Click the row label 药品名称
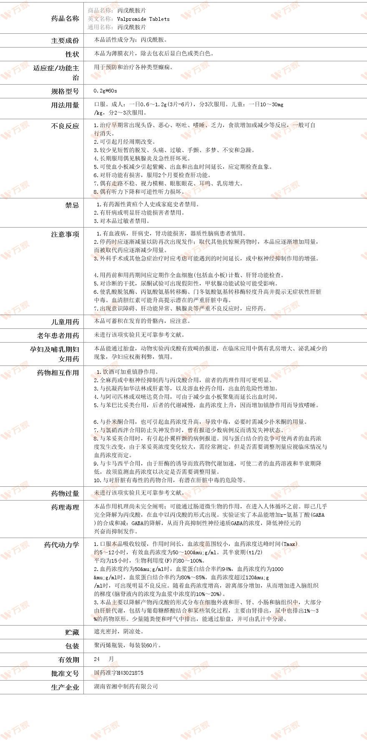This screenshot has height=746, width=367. point(65,18)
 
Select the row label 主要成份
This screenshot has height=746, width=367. point(65,40)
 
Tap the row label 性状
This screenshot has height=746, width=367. point(72,54)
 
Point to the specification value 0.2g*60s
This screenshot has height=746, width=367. point(106,90)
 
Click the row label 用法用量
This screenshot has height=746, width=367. point(65,105)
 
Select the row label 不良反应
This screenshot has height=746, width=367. point(65,126)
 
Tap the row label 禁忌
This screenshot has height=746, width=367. point(72,205)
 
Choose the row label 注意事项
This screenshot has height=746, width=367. point(65,234)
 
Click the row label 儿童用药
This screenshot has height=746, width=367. point(65,322)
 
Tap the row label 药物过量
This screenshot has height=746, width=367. point(65,493)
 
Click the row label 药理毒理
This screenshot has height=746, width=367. point(65,507)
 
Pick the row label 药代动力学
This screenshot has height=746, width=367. point(61,545)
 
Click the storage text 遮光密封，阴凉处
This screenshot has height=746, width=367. point(119,631)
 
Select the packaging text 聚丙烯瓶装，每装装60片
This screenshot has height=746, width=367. point(128,645)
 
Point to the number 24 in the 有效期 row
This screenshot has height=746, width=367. point(97,659)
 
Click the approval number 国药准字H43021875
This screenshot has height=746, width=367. point(119,673)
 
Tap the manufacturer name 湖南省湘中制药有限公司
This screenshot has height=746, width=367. point(126,686)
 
